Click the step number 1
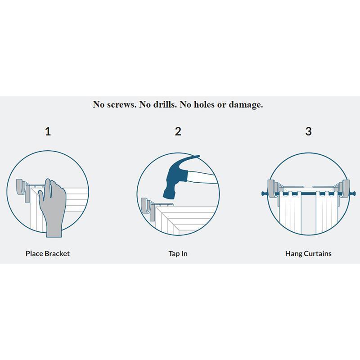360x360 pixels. coord(48,131)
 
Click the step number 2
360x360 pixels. coord(178,131)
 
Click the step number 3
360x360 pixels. coord(308,131)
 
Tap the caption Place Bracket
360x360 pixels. coord(48,253)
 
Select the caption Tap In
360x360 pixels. coord(178,253)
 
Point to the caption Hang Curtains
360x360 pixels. coord(308,253)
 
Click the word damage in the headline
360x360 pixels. coord(246,104)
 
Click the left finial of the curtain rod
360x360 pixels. coord(262,193)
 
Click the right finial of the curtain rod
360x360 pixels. coord(354,193)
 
